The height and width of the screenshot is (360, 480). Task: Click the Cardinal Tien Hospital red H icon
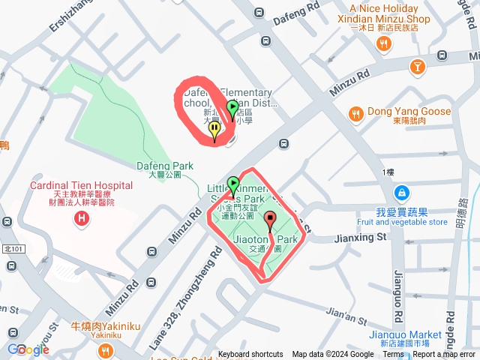[81, 219]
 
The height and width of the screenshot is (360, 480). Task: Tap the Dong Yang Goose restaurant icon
[356, 113]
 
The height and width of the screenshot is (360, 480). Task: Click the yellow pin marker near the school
[214, 131]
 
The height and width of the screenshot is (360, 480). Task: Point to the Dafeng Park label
[165, 166]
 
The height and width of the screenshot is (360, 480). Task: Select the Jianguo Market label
[406, 334]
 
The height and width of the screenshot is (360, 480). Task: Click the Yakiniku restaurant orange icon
[106, 349]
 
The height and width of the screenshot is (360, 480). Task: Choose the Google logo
[28, 349]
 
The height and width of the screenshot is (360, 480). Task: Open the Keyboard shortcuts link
[250, 355]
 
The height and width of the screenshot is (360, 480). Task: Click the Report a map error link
[444, 355]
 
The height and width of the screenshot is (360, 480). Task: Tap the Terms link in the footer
[393, 355]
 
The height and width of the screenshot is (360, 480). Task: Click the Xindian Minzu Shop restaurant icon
[384, 44]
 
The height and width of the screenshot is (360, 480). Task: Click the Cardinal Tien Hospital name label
[81, 185]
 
